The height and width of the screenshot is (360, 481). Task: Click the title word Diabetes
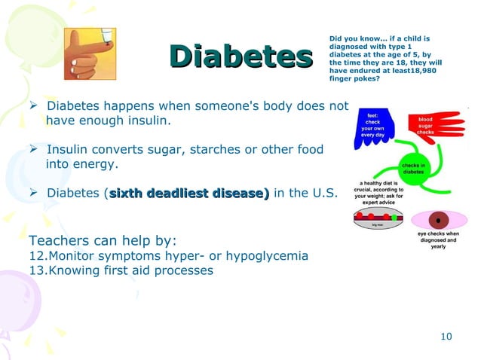point(240,56)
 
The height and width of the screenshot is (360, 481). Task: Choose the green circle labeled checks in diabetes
point(414,167)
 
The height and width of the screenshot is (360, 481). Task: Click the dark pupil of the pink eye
point(436,221)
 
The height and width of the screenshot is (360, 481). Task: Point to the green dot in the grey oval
point(394,218)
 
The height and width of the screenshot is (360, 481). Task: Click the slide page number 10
point(446,336)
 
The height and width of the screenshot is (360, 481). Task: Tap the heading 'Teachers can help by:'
point(103,241)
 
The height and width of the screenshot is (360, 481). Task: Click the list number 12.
point(36,256)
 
